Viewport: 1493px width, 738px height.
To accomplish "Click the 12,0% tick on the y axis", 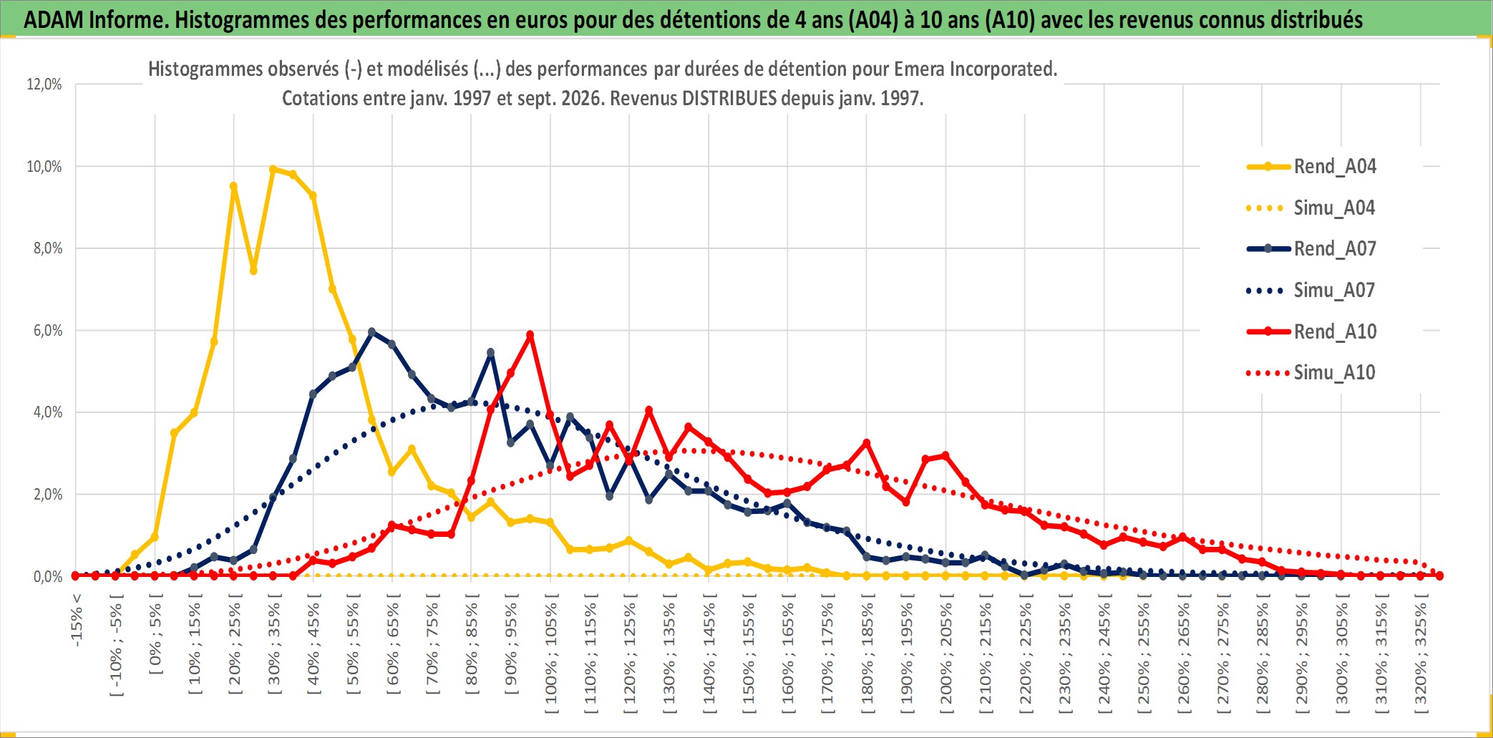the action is (x=44, y=84).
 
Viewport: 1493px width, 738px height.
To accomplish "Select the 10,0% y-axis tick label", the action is (x=44, y=167).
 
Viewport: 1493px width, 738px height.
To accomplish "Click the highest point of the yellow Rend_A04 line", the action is (x=273, y=170).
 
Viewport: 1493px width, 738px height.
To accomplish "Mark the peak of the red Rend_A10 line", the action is (x=530, y=334).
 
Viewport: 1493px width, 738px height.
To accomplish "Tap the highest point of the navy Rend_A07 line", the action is (x=371, y=332).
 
